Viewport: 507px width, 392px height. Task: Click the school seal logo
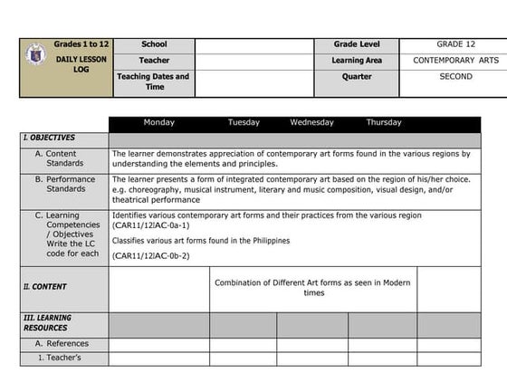(x=37, y=54)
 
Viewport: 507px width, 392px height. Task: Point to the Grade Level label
(x=357, y=44)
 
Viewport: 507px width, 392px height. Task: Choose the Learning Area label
(x=357, y=61)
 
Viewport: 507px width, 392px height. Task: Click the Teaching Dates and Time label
(x=154, y=81)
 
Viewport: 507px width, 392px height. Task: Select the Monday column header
(x=159, y=122)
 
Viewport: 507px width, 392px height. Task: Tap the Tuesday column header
(x=244, y=122)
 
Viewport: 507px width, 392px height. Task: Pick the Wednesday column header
(x=311, y=122)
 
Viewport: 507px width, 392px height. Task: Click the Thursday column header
(x=384, y=122)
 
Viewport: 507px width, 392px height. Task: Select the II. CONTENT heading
(x=45, y=287)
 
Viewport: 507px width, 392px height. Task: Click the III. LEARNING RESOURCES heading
(x=49, y=324)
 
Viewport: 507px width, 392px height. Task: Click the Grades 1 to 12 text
(x=81, y=44)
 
